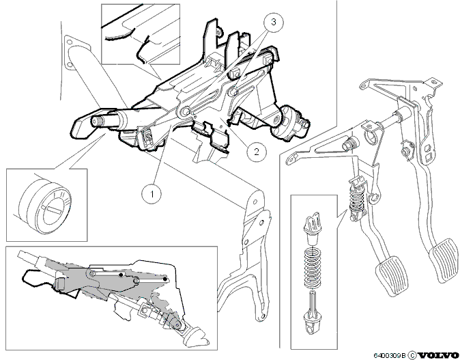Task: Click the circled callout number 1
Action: pos(152,194)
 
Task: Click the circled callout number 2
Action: pos(257,152)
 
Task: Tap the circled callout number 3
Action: pos(274,22)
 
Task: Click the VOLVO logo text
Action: pos(438,355)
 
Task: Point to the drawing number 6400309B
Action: pos(390,355)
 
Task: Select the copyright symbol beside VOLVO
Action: pos(412,355)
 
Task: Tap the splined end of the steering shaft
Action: pos(96,122)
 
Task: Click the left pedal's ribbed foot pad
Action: pos(392,274)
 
